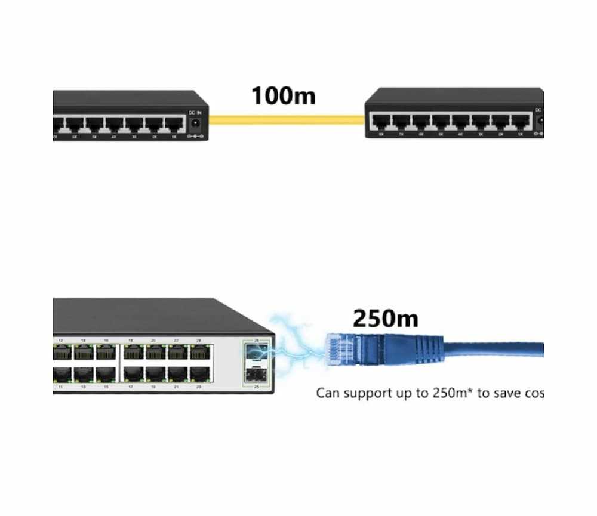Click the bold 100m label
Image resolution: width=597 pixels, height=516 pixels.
[283, 95]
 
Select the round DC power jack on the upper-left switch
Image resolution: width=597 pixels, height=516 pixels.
[195, 125]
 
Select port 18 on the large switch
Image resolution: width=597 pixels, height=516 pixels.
[131, 353]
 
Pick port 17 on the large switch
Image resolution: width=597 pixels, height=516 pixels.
[131, 375]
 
